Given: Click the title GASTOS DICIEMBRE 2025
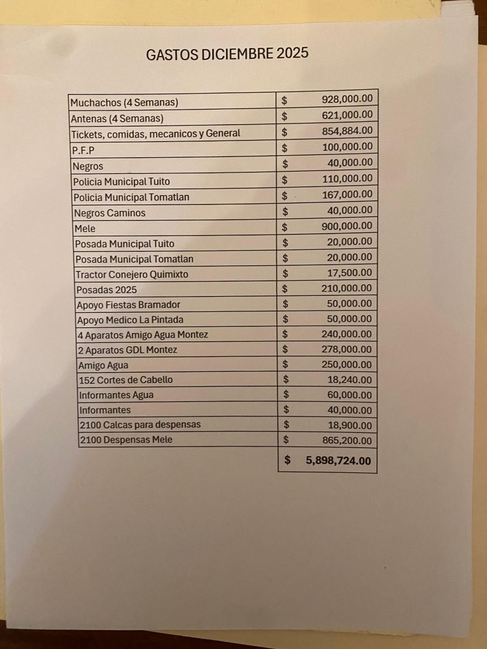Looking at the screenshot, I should [x=227, y=54].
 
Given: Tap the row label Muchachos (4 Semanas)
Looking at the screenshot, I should [x=124, y=102].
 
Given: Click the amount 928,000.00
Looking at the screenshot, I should [x=347, y=99].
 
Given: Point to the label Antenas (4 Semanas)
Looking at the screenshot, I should [x=117, y=118].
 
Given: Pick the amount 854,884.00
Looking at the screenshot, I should [x=347, y=130].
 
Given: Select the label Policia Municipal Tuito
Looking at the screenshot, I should [x=121, y=181].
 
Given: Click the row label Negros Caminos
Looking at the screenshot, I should [x=110, y=213].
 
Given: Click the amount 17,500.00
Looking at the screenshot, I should [x=349, y=272].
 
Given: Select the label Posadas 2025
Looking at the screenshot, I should [x=106, y=290].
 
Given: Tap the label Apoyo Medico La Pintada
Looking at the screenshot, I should [x=130, y=319].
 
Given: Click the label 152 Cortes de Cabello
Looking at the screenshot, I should [x=126, y=379].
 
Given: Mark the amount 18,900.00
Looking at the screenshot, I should [x=349, y=425].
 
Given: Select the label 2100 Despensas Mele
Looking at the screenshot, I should [x=126, y=440].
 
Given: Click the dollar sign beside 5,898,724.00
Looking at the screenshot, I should [x=287, y=460].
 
